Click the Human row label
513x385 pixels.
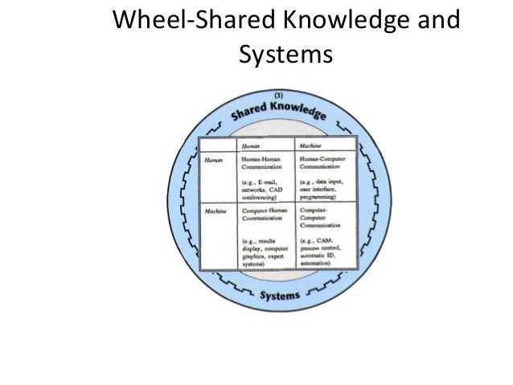pos(211,160)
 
